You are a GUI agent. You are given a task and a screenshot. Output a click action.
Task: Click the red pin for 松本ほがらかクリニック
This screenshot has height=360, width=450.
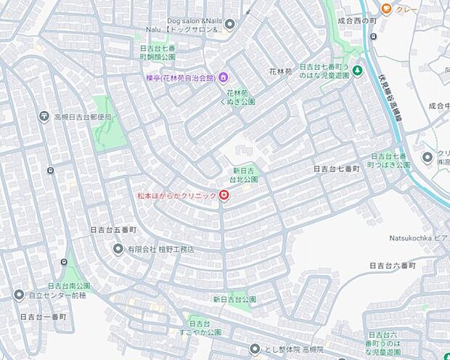tap(224, 196)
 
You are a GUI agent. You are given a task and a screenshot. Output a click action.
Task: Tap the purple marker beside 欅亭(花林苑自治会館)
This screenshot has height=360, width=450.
tap(224, 78)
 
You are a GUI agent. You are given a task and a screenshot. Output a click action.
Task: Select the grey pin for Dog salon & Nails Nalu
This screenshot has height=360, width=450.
tap(230, 25)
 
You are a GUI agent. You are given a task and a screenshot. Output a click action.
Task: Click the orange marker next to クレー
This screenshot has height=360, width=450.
tap(386, 9)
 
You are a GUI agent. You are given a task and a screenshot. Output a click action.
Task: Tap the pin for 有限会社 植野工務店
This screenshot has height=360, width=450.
tap(118, 249)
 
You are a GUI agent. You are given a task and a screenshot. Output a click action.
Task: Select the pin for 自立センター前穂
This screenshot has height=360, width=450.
tap(19, 295)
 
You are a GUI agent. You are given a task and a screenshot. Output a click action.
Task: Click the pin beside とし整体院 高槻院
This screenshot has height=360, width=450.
tap(254, 349)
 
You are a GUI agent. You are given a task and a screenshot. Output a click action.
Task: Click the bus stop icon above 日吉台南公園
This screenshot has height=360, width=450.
tap(67, 263)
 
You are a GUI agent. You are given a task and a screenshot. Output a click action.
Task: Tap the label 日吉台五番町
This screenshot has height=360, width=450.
tap(113, 229)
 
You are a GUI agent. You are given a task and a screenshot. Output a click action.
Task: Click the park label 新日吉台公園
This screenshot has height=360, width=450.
tap(234, 299)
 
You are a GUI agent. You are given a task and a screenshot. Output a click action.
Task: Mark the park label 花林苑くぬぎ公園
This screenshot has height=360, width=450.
tap(240, 98)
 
